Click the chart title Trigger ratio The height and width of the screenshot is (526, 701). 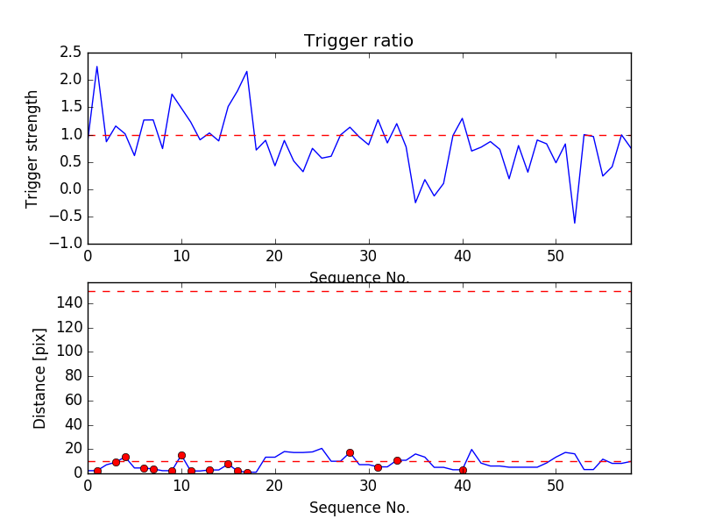(x=358, y=41)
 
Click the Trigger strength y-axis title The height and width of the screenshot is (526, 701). (x=32, y=148)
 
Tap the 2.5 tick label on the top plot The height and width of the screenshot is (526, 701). (x=69, y=53)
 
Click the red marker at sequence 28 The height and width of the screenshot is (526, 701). (x=350, y=453)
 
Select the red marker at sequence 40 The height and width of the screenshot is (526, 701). (x=463, y=471)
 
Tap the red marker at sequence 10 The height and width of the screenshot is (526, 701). (x=181, y=456)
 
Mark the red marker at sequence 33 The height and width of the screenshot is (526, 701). (x=397, y=460)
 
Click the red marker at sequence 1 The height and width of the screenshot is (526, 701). (x=97, y=471)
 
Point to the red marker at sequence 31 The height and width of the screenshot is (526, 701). (x=378, y=467)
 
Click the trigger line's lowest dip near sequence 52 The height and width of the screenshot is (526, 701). (x=575, y=223)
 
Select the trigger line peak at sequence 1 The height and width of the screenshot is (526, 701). (x=96, y=67)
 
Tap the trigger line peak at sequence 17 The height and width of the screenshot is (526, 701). (x=247, y=72)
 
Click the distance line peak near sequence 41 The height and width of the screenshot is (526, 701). (x=471, y=449)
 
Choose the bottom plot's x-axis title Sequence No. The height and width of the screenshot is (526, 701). (x=358, y=508)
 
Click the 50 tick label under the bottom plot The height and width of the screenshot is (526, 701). (x=556, y=487)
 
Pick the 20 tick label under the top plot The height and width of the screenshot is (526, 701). (x=275, y=258)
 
